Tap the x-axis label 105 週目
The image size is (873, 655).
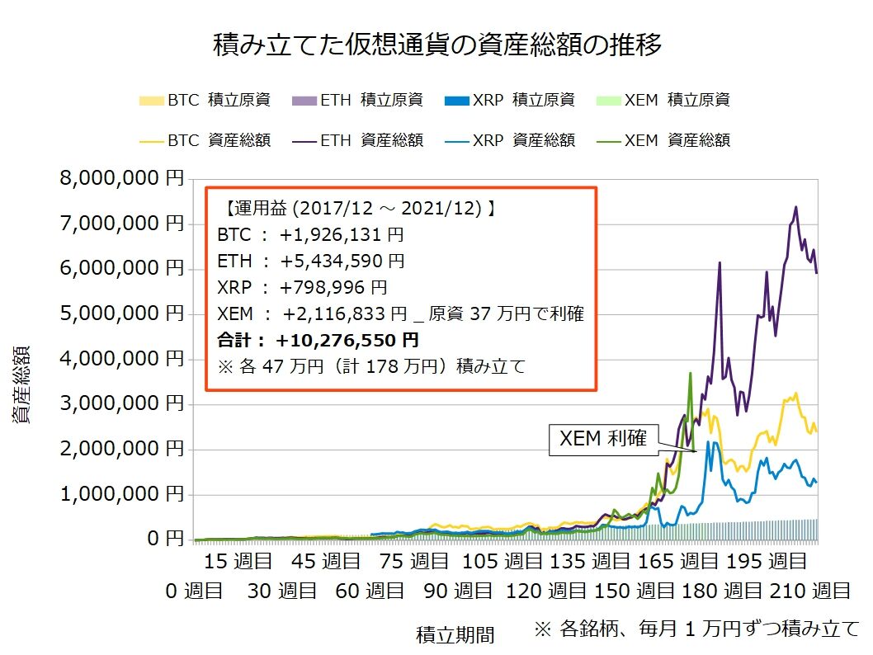(501, 563)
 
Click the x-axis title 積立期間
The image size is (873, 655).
(455, 634)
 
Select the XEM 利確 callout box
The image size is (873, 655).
(603, 441)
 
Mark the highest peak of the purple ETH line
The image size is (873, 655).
(795, 207)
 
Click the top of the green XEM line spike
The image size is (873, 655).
(690, 373)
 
